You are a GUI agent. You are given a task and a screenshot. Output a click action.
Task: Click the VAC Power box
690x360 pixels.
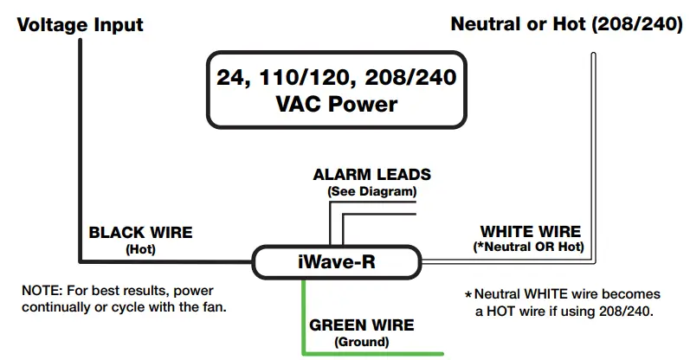tap(337, 92)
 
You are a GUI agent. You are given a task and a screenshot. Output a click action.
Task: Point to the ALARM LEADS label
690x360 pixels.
tap(371, 175)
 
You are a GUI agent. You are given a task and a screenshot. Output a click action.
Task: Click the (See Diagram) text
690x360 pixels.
tap(371, 190)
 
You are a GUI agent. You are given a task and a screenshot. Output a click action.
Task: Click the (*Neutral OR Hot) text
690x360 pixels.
tap(531, 247)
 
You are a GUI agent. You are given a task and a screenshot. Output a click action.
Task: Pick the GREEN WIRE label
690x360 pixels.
tap(361, 325)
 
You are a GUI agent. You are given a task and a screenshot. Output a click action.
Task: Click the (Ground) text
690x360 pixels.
tap(361, 341)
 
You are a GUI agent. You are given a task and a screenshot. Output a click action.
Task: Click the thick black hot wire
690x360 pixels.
tap(81, 156)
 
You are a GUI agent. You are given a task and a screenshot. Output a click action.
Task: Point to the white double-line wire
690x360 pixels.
tap(593, 156)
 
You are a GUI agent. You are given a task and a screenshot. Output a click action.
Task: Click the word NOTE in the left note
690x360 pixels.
tap(41, 289)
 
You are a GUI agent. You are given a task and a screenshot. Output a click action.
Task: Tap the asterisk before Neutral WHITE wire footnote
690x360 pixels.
tap(468, 295)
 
